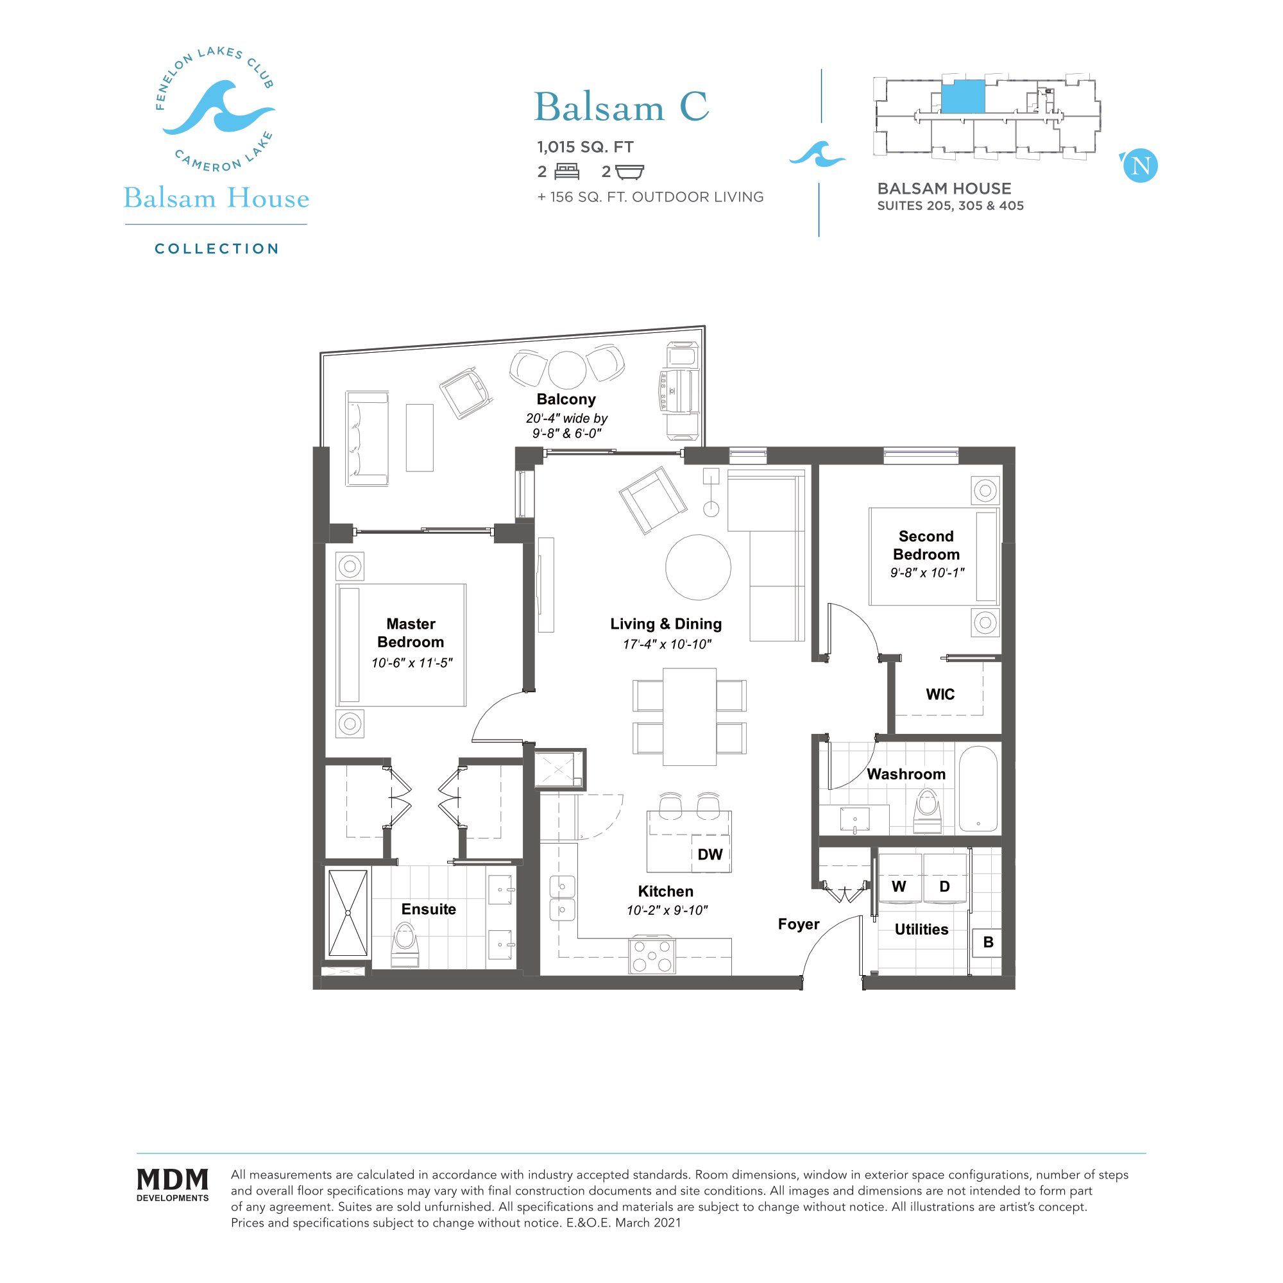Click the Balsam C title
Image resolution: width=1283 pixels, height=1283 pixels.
pyautogui.click(x=621, y=107)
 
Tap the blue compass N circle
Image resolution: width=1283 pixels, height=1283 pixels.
pyautogui.click(x=1140, y=166)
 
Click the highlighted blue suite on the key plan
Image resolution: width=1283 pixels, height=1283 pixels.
pyautogui.click(x=962, y=97)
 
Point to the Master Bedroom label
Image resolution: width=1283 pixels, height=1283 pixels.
pyautogui.click(x=411, y=633)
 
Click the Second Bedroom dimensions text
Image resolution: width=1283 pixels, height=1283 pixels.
pyautogui.click(x=927, y=572)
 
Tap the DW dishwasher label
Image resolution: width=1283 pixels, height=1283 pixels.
pyautogui.click(x=710, y=854)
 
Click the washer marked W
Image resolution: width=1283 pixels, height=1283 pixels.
pyautogui.click(x=899, y=887)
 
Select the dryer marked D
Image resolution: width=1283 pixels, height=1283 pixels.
pyautogui.click(x=944, y=887)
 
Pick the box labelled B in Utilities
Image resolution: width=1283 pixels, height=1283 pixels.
pyautogui.click(x=987, y=942)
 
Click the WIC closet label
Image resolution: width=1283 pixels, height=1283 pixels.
pyautogui.click(x=940, y=695)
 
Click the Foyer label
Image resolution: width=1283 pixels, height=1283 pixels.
pyautogui.click(x=799, y=924)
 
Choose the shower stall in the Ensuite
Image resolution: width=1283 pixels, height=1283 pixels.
pyautogui.click(x=348, y=913)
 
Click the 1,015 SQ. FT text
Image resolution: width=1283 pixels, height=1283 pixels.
pyautogui.click(x=586, y=147)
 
